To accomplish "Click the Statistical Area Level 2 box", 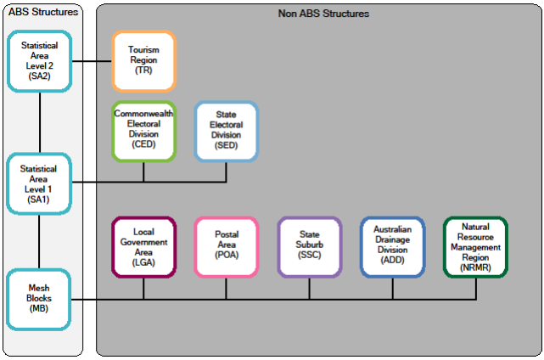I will tap(40, 61).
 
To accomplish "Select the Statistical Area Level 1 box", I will tap(40, 182).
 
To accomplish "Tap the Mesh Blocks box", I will tap(40, 299).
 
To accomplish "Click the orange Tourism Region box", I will tap(143, 61).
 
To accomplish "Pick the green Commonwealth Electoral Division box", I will tap(143, 131).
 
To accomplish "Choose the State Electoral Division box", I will tap(226, 131).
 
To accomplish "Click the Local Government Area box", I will tap(143, 247).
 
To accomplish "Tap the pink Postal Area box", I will tap(226, 247).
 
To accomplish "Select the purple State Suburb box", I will tap(309, 247).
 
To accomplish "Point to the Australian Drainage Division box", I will tap(392, 247).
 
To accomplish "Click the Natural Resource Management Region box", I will tap(475, 247).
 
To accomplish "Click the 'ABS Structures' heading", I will tap(42, 12).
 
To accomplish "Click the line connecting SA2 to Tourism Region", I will tap(93, 61).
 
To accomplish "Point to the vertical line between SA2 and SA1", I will tap(40, 121).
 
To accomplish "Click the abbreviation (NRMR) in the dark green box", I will tap(475, 266).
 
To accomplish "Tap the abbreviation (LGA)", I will tap(143, 264).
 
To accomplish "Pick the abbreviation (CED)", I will tap(143, 145).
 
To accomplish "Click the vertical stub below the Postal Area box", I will tap(226, 289).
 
